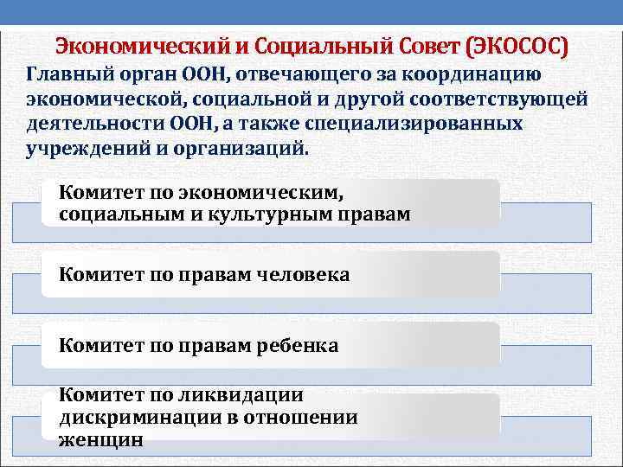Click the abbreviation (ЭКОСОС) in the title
(x=517, y=45)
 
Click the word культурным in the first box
(x=256, y=214)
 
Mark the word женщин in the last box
(x=100, y=438)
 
